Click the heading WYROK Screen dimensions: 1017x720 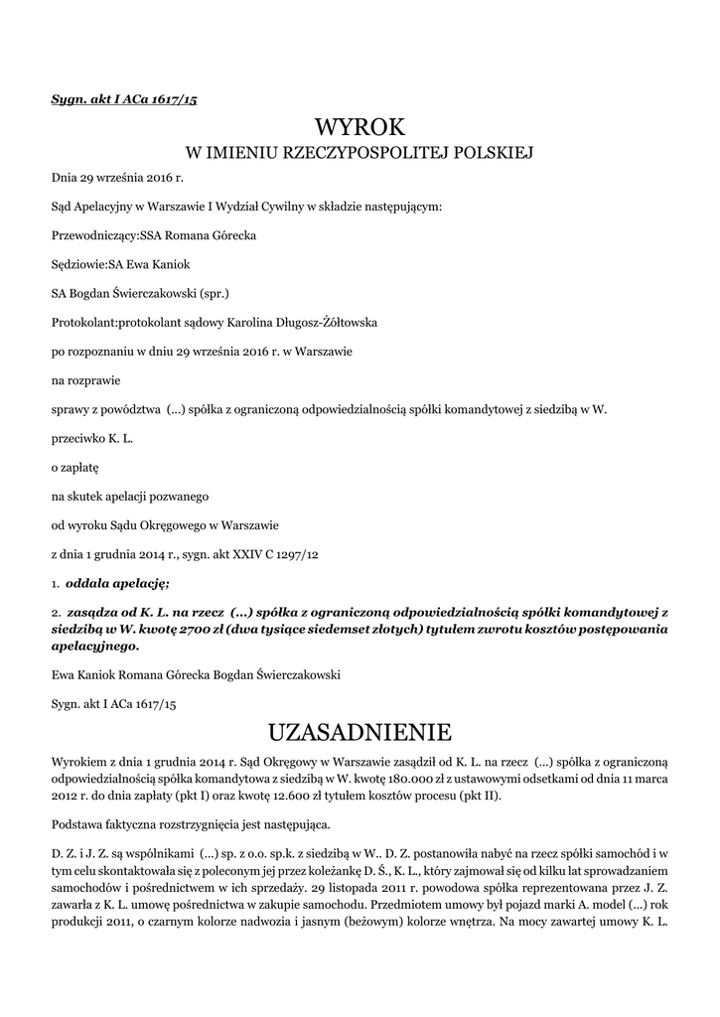(360, 126)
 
